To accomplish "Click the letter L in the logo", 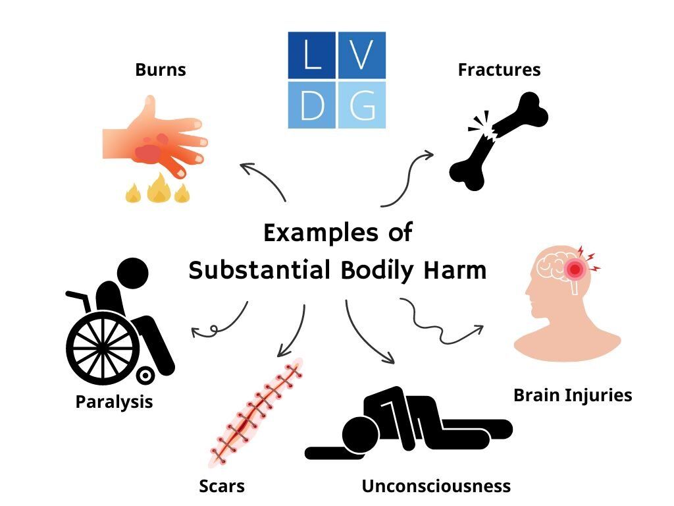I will pyautogui.click(x=312, y=55).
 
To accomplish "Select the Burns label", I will pyautogui.click(x=161, y=69).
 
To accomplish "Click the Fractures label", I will pyautogui.click(x=499, y=69).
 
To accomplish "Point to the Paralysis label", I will pyautogui.click(x=114, y=401).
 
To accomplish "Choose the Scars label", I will pyautogui.click(x=222, y=486).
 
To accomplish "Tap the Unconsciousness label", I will pyautogui.click(x=436, y=486).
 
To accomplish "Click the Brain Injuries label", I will pyautogui.click(x=572, y=395).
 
